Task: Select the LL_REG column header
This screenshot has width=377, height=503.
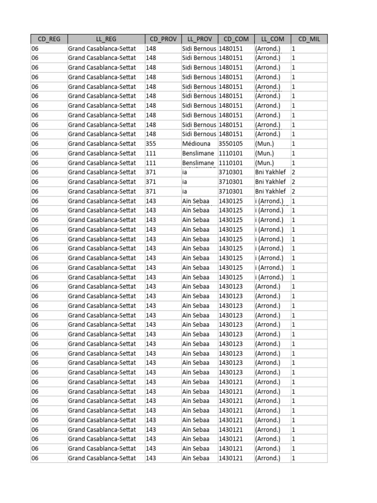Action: (106, 39)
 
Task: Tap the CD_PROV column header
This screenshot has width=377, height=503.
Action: (163, 39)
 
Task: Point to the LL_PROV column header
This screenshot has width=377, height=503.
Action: (199, 39)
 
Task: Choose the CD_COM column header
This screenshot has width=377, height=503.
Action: (236, 39)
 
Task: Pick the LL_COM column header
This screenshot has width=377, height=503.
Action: (272, 39)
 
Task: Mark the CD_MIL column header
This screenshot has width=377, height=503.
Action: (309, 39)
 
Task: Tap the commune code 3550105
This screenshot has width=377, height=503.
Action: (231, 144)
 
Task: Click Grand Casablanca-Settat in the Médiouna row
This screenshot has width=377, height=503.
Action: (102, 144)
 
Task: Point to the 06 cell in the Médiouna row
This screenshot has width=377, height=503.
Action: (35, 144)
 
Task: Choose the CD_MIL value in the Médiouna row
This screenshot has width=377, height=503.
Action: (294, 144)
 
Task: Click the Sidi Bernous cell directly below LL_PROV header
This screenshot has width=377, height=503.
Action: (199, 49)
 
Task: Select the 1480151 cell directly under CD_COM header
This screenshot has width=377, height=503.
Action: (231, 49)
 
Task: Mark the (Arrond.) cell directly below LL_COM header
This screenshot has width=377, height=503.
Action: (268, 49)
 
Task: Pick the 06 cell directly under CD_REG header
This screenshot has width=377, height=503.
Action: (35, 49)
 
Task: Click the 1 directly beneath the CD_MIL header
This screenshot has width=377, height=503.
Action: (294, 49)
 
